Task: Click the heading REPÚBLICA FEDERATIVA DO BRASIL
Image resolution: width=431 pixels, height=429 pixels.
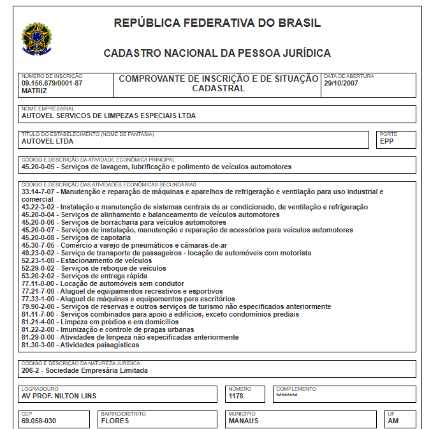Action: [217, 24]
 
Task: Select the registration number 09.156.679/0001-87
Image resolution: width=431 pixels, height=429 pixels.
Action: [52, 84]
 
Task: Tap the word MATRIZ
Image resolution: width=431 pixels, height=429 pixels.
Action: [34, 91]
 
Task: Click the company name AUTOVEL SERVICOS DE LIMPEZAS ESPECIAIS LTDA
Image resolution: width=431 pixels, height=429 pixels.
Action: [109, 116]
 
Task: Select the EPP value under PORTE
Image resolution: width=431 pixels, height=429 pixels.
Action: [387, 142]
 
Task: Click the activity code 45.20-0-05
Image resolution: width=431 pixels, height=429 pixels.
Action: [39, 167]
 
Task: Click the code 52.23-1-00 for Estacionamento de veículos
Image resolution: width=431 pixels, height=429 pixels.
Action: [39, 260]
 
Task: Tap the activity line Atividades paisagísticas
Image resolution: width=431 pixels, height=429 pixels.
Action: [80, 345]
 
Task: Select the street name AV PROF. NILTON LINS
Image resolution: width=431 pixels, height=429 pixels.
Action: [59, 396]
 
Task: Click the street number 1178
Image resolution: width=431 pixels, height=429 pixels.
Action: [236, 396]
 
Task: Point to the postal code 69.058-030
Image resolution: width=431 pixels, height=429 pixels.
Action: [39, 421]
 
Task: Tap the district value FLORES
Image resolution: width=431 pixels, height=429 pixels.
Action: [115, 421]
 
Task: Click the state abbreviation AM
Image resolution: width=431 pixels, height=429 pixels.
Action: [393, 421]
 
